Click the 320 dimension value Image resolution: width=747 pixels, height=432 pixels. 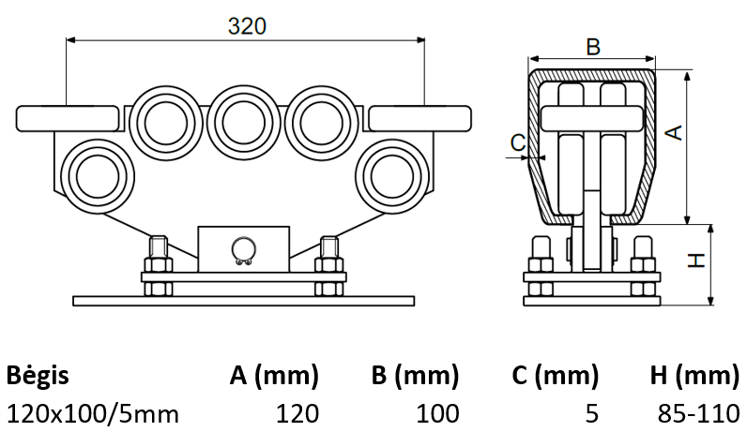tap(247, 26)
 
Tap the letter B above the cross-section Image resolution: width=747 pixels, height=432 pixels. tap(592, 46)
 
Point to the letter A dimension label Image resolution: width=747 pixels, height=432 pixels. tap(672, 132)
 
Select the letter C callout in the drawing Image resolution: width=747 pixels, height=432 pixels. tap(517, 142)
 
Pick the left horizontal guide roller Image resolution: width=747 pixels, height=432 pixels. tap(70, 119)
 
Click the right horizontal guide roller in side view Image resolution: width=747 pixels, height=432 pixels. tap(420, 119)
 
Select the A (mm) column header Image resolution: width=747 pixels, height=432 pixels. tap(274, 377)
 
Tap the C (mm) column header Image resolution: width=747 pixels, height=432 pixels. tap(555, 377)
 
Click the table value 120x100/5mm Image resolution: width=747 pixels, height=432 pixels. tap(92, 412)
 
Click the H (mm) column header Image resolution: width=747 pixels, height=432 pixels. tap(694, 377)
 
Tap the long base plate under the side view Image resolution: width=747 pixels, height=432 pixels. tap(244, 301)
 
